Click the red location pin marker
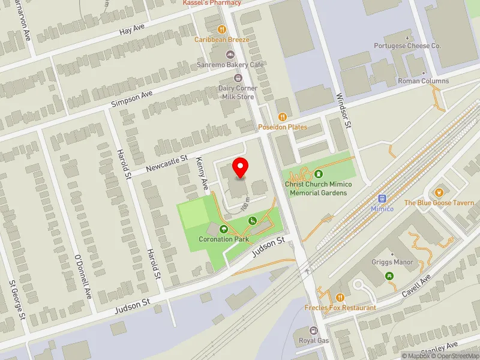click(x=241, y=167)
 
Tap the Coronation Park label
click(x=224, y=239)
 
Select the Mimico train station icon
click(x=382, y=199)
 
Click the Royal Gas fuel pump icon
click(x=313, y=331)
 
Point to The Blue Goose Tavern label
click(x=439, y=203)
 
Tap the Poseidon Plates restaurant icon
click(x=283, y=117)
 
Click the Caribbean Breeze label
click(x=221, y=40)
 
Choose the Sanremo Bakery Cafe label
click(x=223, y=64)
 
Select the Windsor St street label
click(x=343, y=110)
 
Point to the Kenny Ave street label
click(x=202, y=172)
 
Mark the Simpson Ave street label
click(x=132, y=100)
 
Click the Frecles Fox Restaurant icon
click(x=340, y=297)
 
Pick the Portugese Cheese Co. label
click(x=407, y=46)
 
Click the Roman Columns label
click(x=423, y=81)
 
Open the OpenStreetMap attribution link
click(x=455, y=356)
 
